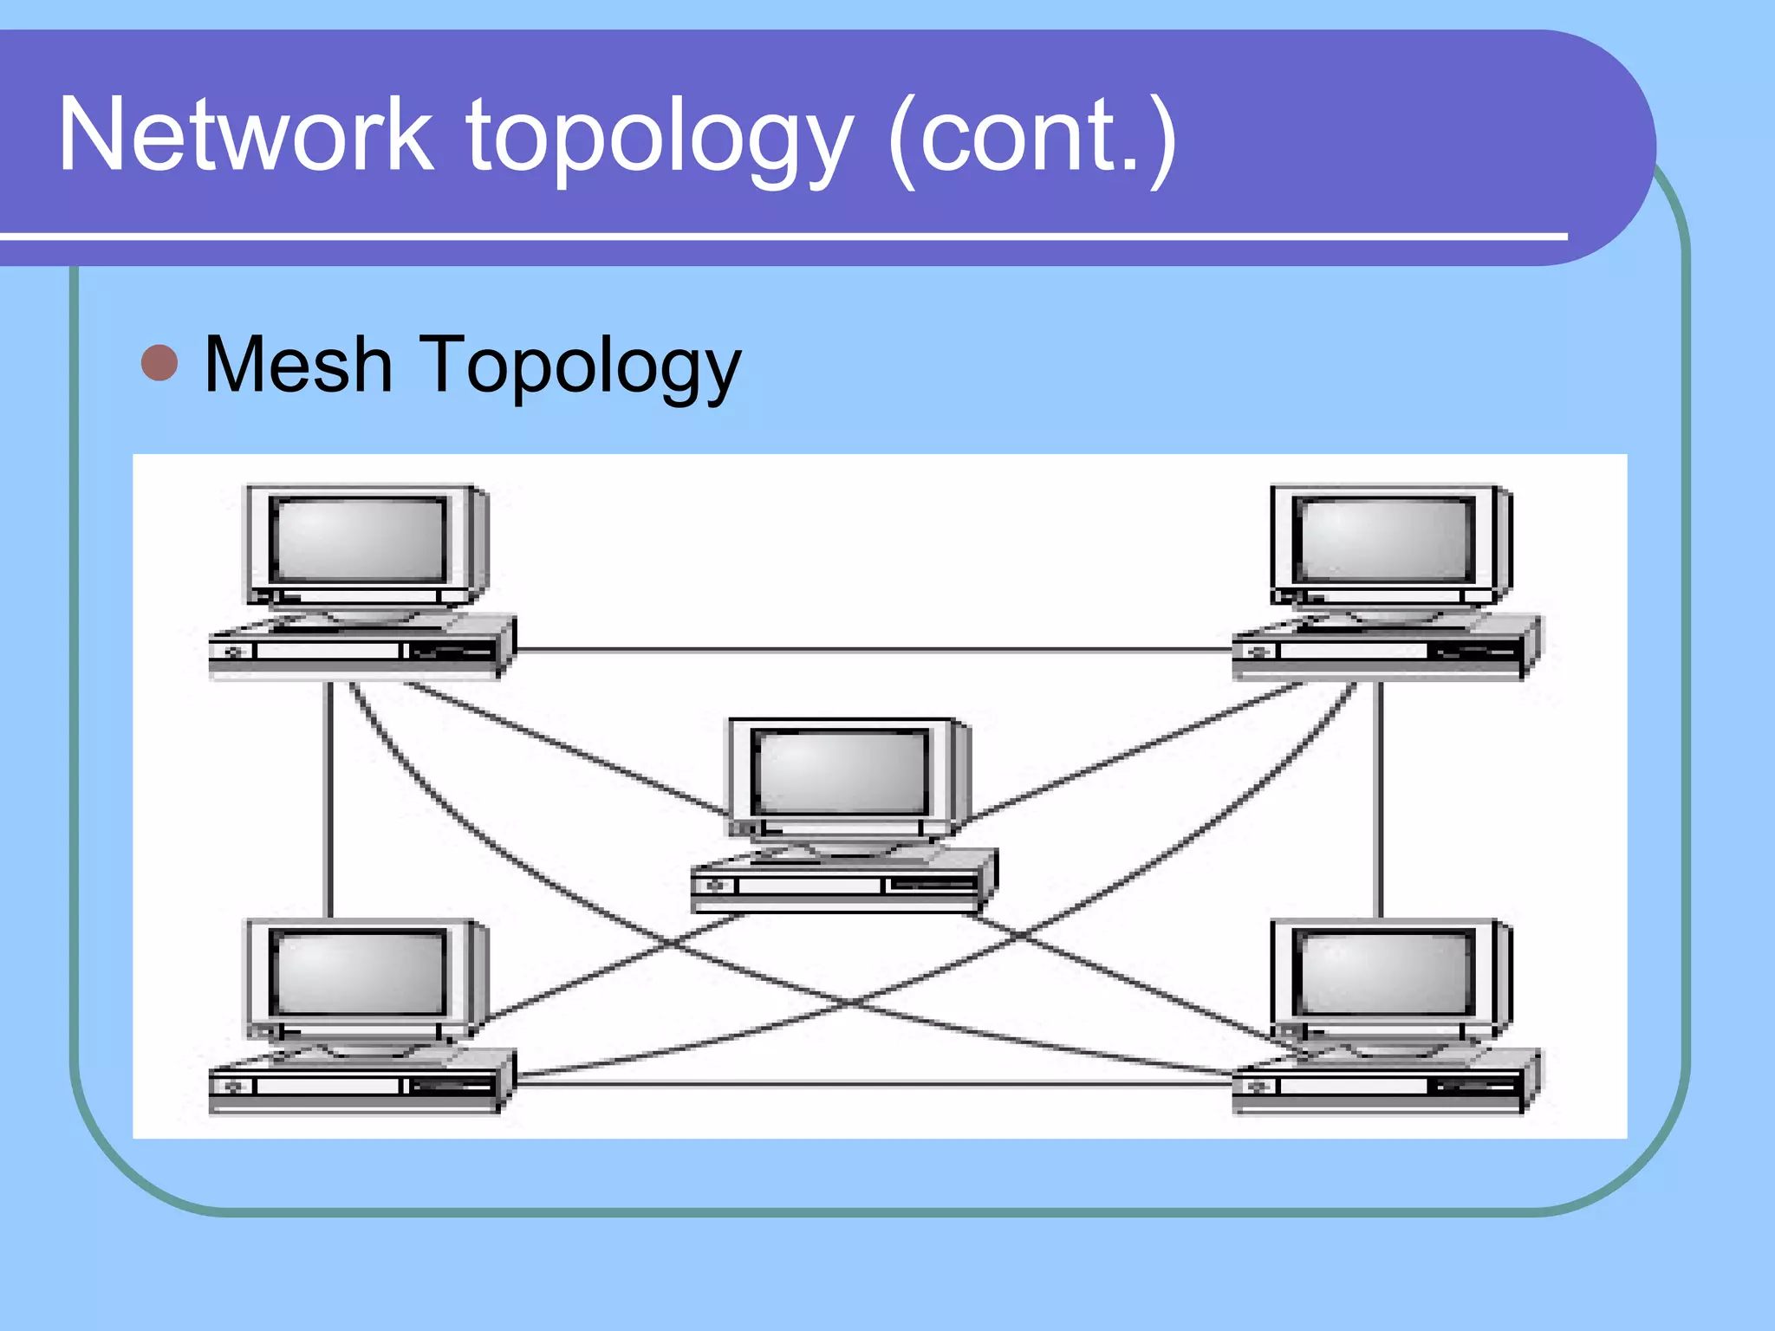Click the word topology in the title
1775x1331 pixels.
click(660, 139)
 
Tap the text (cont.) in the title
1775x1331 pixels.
click(1032, 139)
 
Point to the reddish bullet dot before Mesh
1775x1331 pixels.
click(159, 363)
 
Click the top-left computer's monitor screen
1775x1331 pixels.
click(359, 539)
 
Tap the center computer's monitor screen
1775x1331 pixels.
click(841, 771)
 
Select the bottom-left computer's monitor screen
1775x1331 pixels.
click(359, 971)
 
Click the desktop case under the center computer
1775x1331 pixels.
click(841, 884)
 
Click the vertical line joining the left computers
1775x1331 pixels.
click(329, 797)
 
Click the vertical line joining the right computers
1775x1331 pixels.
click(1381, 797)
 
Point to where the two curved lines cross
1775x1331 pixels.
click(854, 1003)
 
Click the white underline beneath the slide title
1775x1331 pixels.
click(780, 236)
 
